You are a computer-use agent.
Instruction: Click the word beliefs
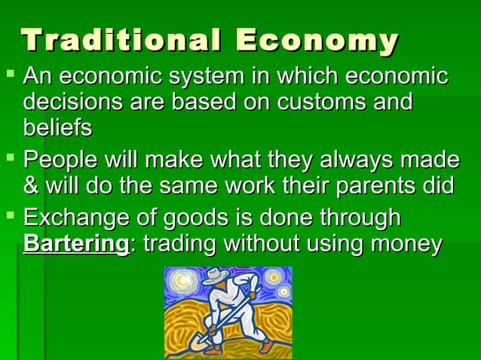58,127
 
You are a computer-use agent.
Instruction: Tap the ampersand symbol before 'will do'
32,185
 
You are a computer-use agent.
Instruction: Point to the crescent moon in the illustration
182,282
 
